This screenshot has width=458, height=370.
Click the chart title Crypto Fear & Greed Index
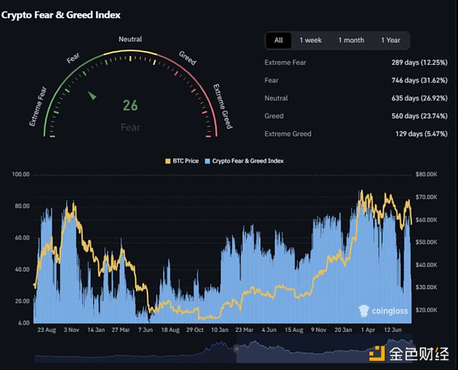61,14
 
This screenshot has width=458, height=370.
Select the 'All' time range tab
279,40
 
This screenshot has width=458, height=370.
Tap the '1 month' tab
351,40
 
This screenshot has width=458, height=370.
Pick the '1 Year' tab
390,40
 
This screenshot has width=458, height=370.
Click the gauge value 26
131,107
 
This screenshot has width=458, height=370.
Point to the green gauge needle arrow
93,95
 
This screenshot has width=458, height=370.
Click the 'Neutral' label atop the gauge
130,40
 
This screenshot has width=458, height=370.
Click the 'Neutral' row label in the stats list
276,98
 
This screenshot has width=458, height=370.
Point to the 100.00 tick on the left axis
21,175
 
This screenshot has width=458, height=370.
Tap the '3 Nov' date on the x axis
72,330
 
